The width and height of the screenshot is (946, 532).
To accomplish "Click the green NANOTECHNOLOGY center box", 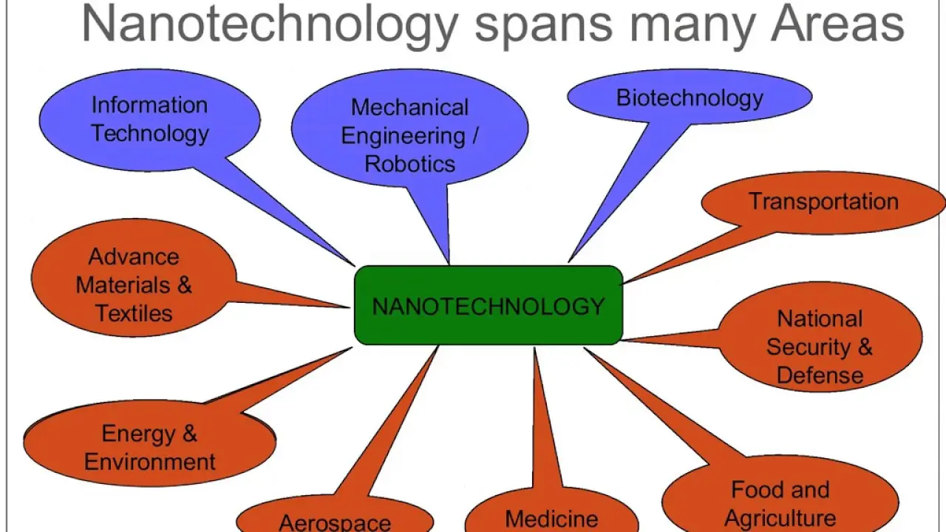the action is coord(489,305).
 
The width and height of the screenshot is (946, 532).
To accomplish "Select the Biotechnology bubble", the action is coord(690,97).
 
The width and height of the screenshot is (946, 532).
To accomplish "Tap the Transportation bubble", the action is coord(823,202).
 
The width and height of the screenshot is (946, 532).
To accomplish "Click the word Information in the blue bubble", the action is coord(149,105).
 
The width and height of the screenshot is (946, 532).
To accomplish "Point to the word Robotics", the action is coord(409,164).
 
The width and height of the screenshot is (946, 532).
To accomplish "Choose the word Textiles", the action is coord(134,313).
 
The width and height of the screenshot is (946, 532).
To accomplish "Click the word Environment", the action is coord(150,462).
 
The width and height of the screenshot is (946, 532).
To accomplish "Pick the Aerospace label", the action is coord(335,522).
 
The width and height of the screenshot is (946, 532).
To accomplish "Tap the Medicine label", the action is coord(551,519).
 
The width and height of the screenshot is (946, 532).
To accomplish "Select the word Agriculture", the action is coord(780,518).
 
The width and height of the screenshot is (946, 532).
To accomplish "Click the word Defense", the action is coord(820,375).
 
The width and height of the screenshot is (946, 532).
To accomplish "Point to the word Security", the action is coord(809,347).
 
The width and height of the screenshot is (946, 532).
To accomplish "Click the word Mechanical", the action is coord(409,107).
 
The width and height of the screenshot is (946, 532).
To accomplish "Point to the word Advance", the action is coord(134,256).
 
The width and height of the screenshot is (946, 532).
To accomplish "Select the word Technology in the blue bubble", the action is coord(150,134).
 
